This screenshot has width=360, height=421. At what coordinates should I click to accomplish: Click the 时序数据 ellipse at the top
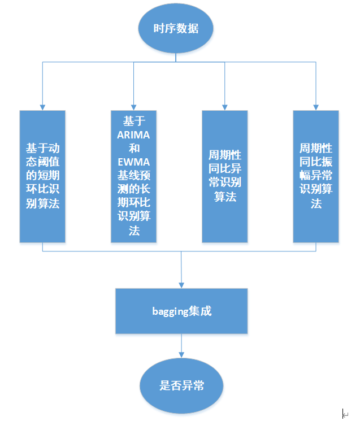click(x=176, y=28)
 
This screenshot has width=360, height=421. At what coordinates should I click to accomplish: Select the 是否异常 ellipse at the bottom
click(x=181, y=386)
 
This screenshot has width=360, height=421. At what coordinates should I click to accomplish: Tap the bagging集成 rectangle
click(x=181, y=311)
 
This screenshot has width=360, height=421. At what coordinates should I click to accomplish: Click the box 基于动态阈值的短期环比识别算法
click(x=42, y=176)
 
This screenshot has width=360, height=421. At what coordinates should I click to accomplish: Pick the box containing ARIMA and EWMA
click(x=133, y=176)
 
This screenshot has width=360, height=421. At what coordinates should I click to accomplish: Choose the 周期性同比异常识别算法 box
click(x=225, y=176)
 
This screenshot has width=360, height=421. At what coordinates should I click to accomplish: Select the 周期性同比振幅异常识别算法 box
click(x=316, y=176)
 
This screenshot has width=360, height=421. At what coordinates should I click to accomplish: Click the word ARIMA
click(x=133, y=135)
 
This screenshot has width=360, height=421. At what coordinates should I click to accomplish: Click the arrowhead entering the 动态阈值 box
click(x=42, y=107)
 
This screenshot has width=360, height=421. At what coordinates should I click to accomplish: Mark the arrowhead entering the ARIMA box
click(x=133, y=107)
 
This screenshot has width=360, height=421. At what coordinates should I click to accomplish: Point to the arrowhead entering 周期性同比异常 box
click(x=225, y=107)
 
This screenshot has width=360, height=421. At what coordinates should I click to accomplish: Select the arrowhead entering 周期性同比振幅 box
click(x=316, y=107)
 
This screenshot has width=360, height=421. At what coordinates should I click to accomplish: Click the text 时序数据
click(x=176, y=28)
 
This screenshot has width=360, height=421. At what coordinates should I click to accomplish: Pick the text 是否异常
click(x=181, y=387)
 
